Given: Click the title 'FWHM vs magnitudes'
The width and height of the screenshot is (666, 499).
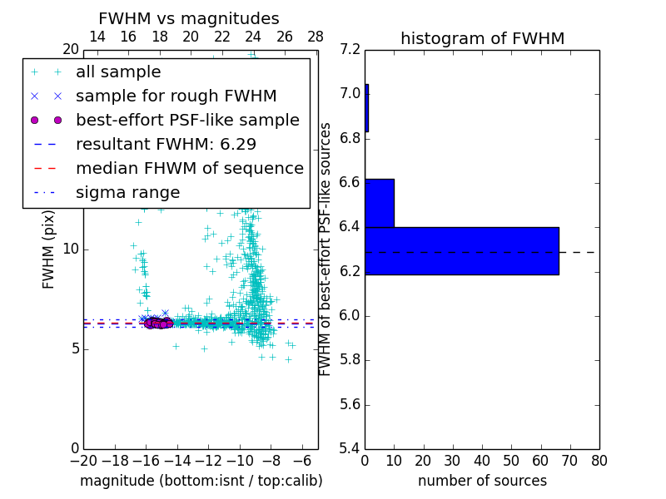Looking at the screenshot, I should [189, 19].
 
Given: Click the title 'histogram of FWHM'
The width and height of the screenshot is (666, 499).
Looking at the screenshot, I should [482, 38].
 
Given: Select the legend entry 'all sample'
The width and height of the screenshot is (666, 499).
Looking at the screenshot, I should [118, 72].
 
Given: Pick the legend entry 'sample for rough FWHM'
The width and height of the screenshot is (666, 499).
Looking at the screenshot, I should [176, 96].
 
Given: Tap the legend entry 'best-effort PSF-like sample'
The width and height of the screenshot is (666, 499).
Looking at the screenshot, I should [187, 120].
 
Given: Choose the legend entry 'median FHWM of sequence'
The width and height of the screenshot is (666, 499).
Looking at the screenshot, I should [189, 168].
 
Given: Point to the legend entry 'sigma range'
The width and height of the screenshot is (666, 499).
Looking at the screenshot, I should [127, 192].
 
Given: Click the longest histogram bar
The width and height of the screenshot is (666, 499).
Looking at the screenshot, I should [461, 250].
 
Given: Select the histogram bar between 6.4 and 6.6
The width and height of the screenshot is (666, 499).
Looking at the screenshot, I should [380, 203].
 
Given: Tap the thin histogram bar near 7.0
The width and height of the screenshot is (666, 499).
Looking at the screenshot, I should [366, 108].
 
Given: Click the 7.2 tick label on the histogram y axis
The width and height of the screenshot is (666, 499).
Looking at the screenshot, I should [350, 49].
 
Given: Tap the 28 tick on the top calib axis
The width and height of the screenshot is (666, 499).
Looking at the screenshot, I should [316, 37].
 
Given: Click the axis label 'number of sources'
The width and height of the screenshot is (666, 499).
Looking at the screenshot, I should [482, 481].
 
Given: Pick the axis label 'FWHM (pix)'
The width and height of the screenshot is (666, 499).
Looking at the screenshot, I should [49, 249].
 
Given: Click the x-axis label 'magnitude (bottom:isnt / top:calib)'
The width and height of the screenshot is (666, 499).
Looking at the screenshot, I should [201, 481].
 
